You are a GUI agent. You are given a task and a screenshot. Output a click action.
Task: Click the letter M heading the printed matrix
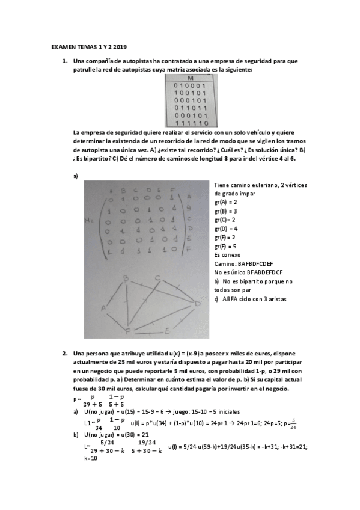(191, 79)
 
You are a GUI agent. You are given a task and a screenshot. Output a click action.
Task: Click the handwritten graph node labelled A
(103, 308)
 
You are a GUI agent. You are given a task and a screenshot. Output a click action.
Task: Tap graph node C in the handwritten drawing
(157, 277)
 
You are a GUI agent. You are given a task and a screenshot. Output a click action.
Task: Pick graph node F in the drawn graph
(127, 330)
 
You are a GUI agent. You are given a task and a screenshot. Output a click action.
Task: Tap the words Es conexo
(228, 255)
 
